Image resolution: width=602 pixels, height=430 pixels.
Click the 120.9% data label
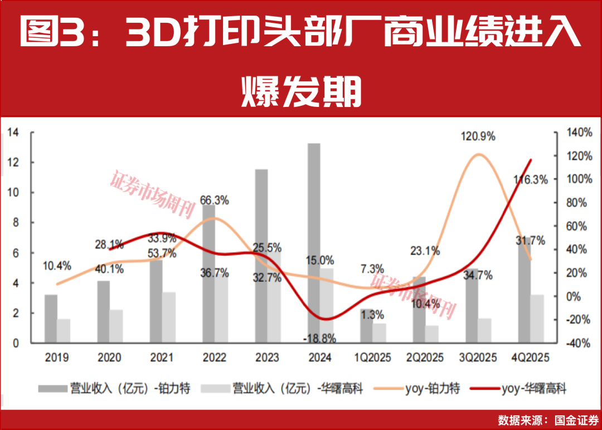tap(478, 137)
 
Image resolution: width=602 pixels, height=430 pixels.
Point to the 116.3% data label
tap(531, 180)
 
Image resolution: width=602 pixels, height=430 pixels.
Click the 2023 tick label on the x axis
tap(268, 358)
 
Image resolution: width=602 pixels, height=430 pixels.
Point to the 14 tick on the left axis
tap(13, 133)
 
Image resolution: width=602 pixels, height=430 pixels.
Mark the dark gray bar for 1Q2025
tap(366, 326)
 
